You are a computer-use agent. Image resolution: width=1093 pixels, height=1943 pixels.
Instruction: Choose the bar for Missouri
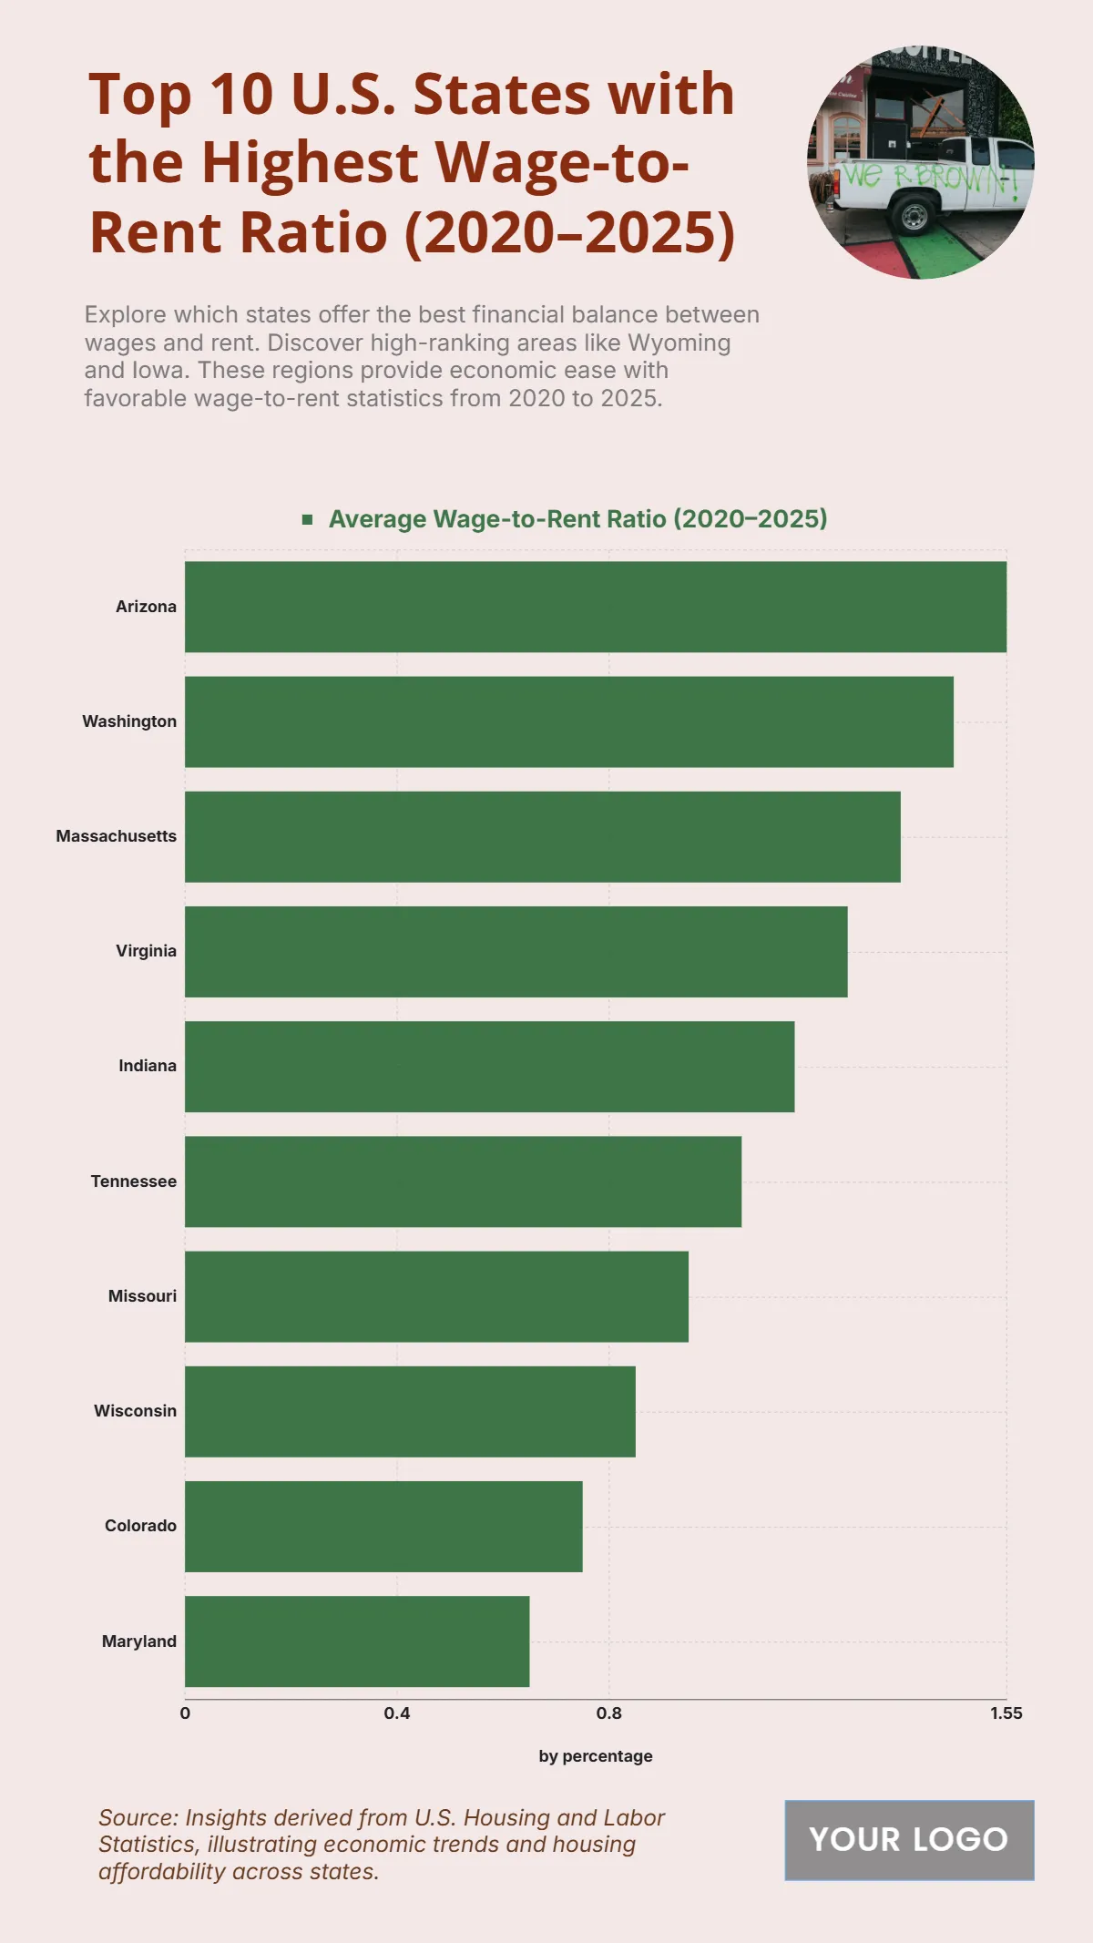[436, 1296]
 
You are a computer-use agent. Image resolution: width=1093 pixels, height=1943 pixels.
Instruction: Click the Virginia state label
[146, 951]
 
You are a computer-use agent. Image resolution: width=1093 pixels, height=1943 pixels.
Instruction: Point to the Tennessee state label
[133, 1181]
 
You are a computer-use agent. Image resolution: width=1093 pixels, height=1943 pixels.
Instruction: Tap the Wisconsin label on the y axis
[135, 1411]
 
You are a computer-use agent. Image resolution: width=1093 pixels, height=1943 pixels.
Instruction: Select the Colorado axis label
[140, 1526]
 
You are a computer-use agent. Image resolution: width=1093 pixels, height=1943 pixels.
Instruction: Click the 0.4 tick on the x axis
[397, 1713]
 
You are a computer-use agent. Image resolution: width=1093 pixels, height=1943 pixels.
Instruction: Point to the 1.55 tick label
[1006, 1713]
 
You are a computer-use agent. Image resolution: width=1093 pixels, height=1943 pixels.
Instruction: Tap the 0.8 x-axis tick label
[608, 1713]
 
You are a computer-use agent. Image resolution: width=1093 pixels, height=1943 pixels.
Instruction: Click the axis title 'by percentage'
[596, 1756]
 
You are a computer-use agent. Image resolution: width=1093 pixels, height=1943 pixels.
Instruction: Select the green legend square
[308, 519]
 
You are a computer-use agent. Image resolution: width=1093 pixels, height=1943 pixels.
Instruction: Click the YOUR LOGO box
[909, 1840]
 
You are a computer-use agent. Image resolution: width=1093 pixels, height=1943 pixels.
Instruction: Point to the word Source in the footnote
[138, 1818]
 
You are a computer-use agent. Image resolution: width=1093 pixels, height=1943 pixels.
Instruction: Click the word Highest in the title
[310, 163]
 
